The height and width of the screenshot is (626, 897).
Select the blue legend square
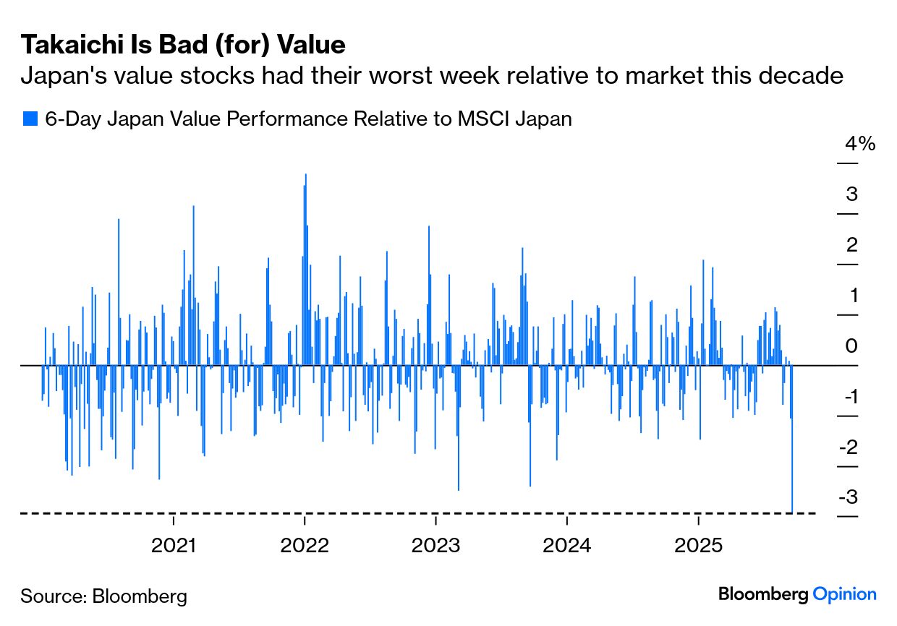(x=30, y=119)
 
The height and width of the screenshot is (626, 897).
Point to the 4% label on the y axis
(x=860, y=144)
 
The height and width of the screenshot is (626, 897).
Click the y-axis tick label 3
(x=852, y=194)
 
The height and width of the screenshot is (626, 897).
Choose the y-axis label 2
(x=852, y=245)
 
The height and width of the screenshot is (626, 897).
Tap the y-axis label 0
(x=852, y=346)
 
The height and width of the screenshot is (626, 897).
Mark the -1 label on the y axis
(x=849, y=397)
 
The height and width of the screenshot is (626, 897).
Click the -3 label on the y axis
(x=849, y=498)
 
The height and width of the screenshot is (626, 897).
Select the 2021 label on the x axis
(x=174, y=545)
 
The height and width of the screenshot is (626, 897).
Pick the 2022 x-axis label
(x=305, y=545)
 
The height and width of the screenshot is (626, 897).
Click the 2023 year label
(x=435, y=545)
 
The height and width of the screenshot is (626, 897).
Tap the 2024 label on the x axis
(x=567, y=545)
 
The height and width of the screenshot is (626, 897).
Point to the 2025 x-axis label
(x=698, y=545)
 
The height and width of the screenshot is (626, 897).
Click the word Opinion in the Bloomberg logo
(x=845, y=595)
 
